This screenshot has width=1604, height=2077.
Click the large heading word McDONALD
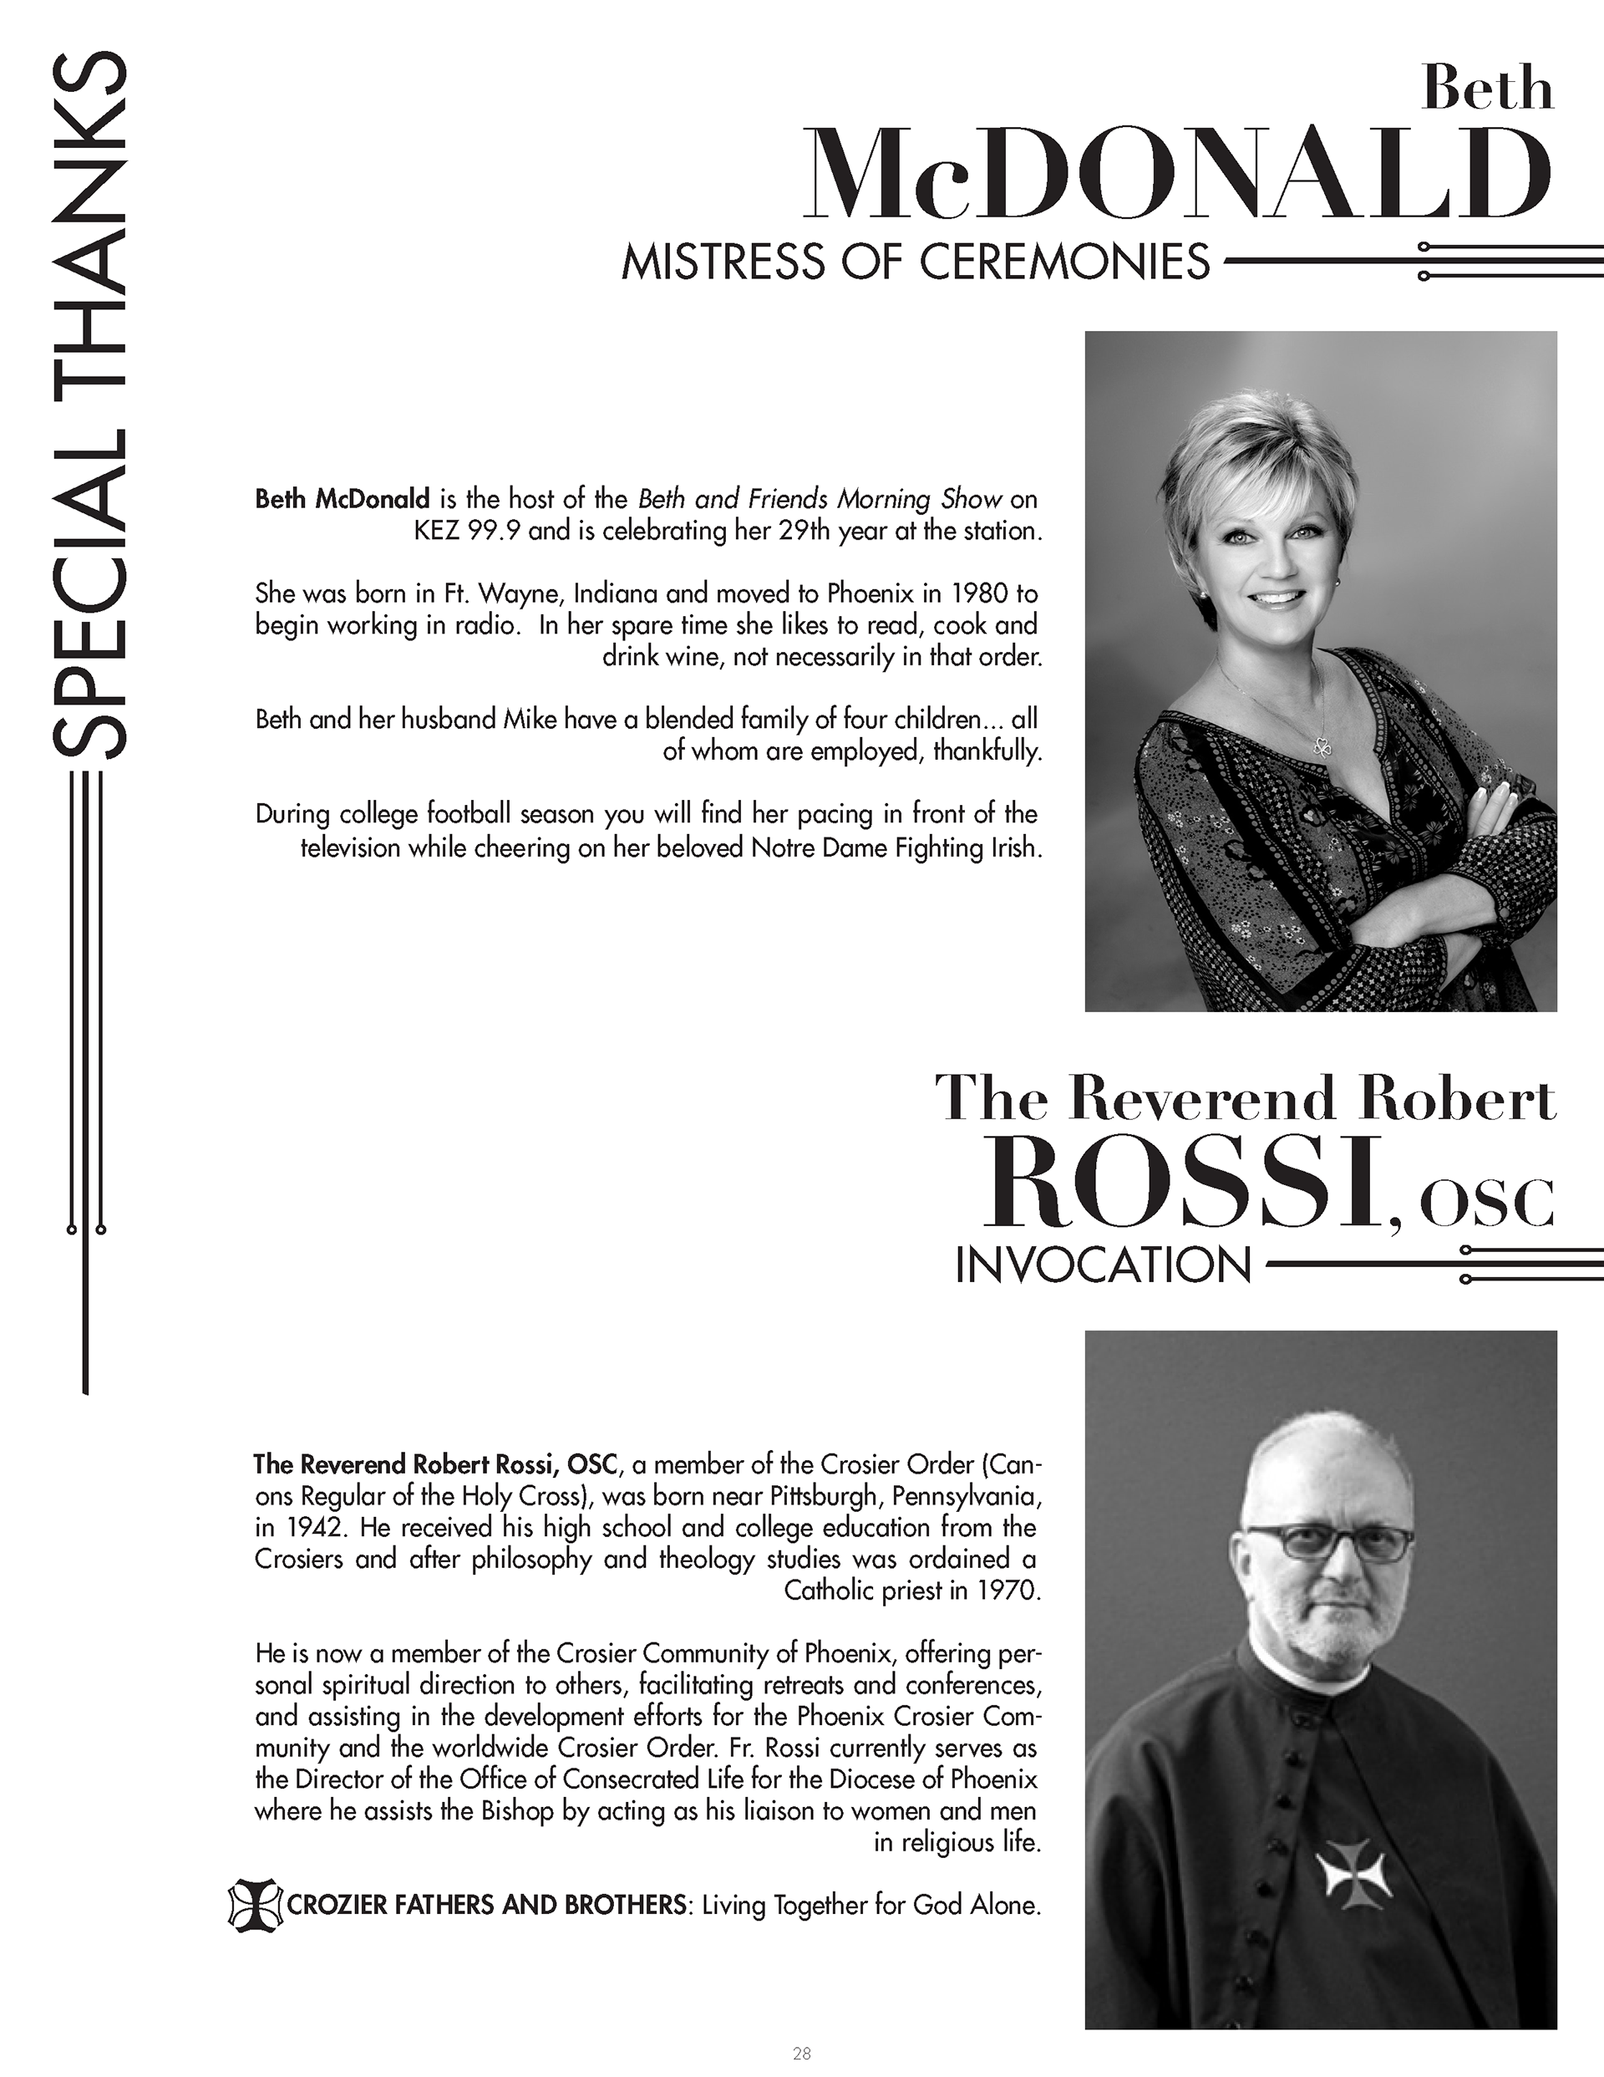coord(1176,175)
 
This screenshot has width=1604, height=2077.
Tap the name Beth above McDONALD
coord(1486,91)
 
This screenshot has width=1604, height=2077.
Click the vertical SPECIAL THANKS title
coord(89,409)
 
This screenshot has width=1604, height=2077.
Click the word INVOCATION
coord(1102,1267)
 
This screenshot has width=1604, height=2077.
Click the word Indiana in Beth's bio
coord(614,594)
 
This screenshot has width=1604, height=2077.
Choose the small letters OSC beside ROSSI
coord(1485,1203)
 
